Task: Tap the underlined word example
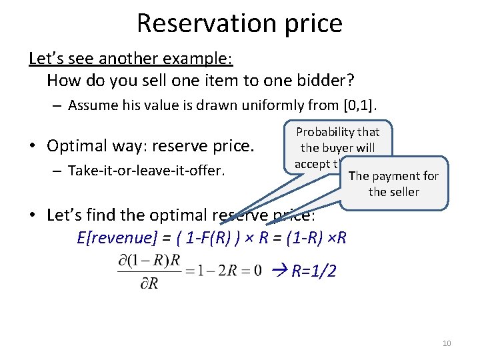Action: click(x=199, y=58)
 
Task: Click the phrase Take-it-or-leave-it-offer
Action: click(x=146, y=171)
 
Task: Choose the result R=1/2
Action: click(x=313, y=272)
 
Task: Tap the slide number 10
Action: click(x=447, y=343)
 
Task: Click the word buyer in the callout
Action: click(x=341, y=148)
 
